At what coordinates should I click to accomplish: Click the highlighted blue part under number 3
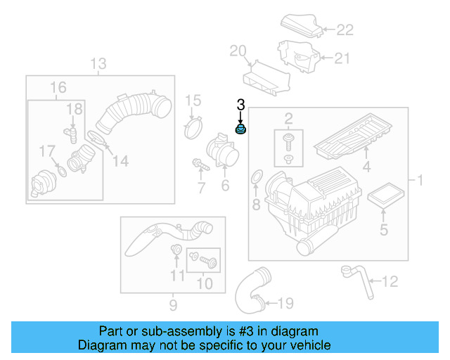click(x=240, y=131)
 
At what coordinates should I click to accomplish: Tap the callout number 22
click(x=345, y=30)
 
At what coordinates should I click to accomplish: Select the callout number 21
click(x=341, y=59)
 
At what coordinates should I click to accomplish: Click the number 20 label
click(x=238, y=50)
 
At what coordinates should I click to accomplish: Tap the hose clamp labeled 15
click(x=193, y=129)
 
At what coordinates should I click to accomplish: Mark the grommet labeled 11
click(x=176, y=250)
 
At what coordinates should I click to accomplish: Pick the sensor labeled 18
click(x=71, y=133)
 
